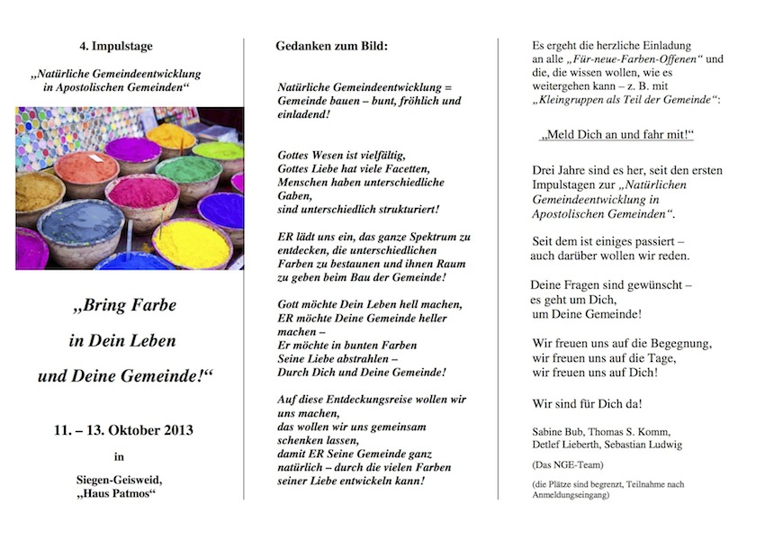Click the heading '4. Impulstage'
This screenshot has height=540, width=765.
tap(115, 45)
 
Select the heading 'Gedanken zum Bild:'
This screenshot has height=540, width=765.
tap(331, 45)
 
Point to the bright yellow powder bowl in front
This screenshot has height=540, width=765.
tap(191, 243)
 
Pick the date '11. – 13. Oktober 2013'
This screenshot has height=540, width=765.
tap(123, 430)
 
